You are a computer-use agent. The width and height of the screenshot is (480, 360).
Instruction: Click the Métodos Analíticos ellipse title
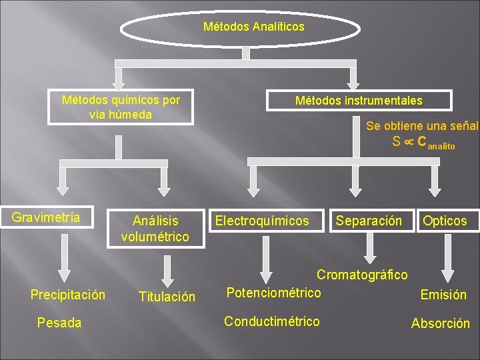[253, 27]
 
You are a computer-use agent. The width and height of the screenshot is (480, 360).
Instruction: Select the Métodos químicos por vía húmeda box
[121, 107]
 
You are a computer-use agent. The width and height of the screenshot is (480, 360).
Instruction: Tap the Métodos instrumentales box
[359, 101]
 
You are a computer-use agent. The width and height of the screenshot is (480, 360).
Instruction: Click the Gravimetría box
[46, 217]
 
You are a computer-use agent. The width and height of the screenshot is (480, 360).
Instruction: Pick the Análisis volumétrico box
[155, 228]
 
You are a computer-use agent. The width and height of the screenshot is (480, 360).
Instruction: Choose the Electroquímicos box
[262, 221]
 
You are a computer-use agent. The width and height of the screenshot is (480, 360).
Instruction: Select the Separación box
[369, 221]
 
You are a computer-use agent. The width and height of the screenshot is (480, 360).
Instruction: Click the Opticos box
[445, 221]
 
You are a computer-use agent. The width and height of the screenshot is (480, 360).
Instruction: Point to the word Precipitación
[68, 295]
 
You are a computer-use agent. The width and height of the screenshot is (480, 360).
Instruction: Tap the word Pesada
[59, 323]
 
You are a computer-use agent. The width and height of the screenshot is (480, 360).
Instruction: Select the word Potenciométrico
[273, 293]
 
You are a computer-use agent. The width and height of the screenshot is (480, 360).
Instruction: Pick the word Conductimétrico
[271, 322]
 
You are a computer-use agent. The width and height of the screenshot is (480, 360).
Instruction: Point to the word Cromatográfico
[362, 275]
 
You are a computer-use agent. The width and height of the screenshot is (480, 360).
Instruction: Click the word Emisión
[443, 295]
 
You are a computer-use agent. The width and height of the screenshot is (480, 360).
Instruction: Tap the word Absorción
[440, 324]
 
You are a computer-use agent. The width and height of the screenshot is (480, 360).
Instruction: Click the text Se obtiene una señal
[422, 125]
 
